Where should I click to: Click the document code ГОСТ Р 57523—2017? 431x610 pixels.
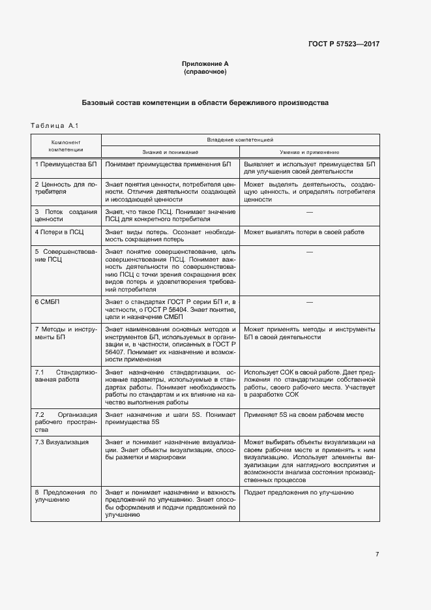[344, 44]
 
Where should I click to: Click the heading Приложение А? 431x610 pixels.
[205, 63]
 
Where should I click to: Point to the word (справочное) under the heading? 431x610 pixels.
[205, 71]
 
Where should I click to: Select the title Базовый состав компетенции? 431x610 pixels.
[205, 102]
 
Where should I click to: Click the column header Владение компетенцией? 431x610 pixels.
[240, 140]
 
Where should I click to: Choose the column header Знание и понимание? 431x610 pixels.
[170, 151]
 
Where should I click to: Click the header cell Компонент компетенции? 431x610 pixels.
[66, 145]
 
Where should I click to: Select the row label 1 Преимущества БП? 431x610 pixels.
[66, 164]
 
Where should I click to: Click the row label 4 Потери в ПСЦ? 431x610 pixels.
[60, 232]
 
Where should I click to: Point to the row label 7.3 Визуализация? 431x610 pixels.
[62, 442]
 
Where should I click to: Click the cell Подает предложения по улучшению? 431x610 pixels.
[299, 493]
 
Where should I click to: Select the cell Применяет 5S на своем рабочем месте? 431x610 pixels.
[297, 414]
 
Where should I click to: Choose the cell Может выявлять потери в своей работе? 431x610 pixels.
[304, 232]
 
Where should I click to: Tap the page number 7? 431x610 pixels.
[377, 555]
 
